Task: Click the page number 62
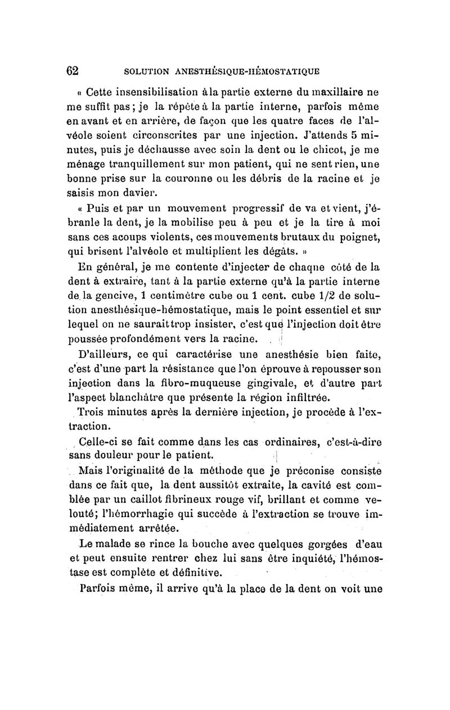point(73,71)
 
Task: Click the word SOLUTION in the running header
point(147,71)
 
